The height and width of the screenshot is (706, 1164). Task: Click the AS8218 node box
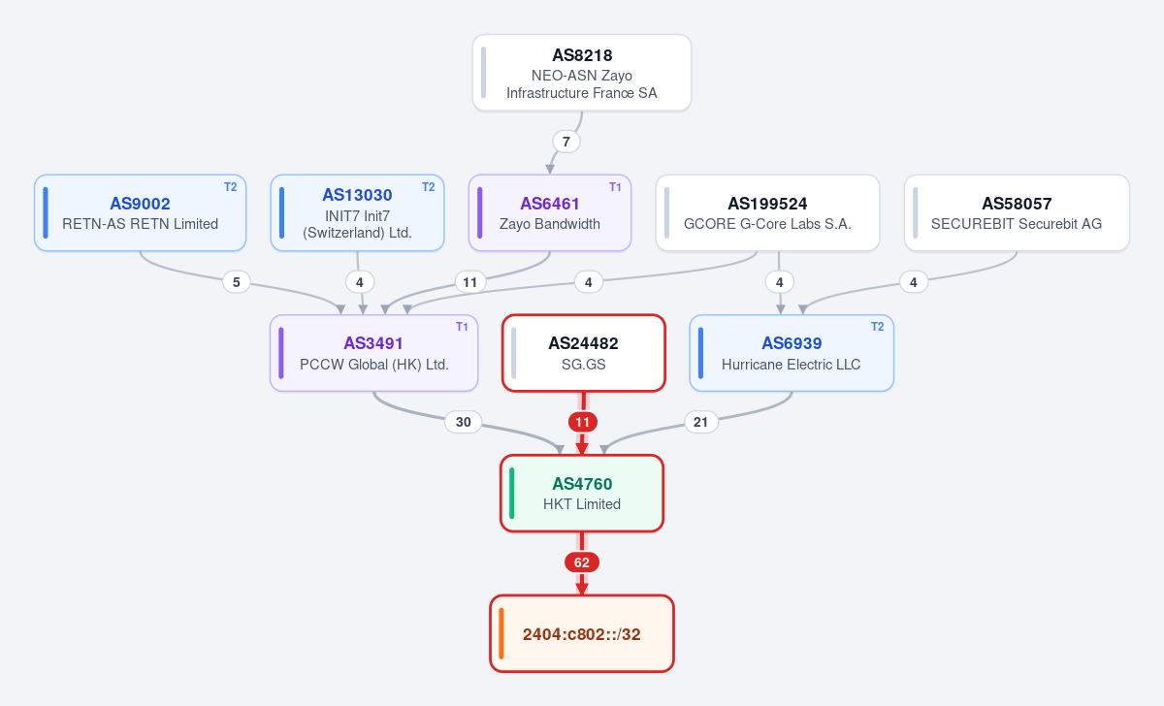pyautogui.click(x=581, y=73)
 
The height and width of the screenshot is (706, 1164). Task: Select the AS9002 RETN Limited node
pyautogui.click(x=141, y=213)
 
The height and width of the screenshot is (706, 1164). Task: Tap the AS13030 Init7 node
pyautogui.click(x=358, y=213)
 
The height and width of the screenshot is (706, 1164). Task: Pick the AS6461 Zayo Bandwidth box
pyautogui.click(x=550, y=213)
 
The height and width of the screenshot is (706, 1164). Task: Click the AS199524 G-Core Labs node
pyautogui.click(x=767, y=213)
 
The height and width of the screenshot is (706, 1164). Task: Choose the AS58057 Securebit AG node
pyautogui.click(x=1017, y=213)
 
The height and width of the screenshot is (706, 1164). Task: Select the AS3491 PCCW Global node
pyautogui.click(x=373, y=353)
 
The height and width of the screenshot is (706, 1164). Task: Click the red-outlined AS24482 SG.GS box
pyautogui.click(x=584, y=353)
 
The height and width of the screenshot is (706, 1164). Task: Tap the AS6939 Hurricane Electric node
pyautogui.click(x=792, y=353)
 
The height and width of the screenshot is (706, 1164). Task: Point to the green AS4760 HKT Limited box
pyautogui.click(x=582, y=493)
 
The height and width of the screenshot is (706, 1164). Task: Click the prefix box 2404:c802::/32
pyautogui.click(x=582, y=634)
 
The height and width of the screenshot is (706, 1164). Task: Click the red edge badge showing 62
pyautogui.click(x=582, y=562)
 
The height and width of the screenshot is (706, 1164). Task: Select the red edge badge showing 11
pyautogui.click(x=583, y=422)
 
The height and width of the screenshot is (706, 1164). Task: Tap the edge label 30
pyautogui.click(x=463, y=422)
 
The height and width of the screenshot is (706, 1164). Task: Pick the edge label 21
pyautogui.click(x=700, y=422)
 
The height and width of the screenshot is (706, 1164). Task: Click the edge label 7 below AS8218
pyautogui.click(x=566, y=142)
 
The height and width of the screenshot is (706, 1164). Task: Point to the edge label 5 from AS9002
pyautogui.click(x=237, y=282)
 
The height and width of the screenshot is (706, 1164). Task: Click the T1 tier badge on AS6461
pyautogui.click(x=615, y=187)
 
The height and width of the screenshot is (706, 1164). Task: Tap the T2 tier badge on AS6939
pyautogui.click(x=877, y=327)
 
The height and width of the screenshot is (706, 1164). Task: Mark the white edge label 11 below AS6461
pyautogui.click(x=470, y=282)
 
